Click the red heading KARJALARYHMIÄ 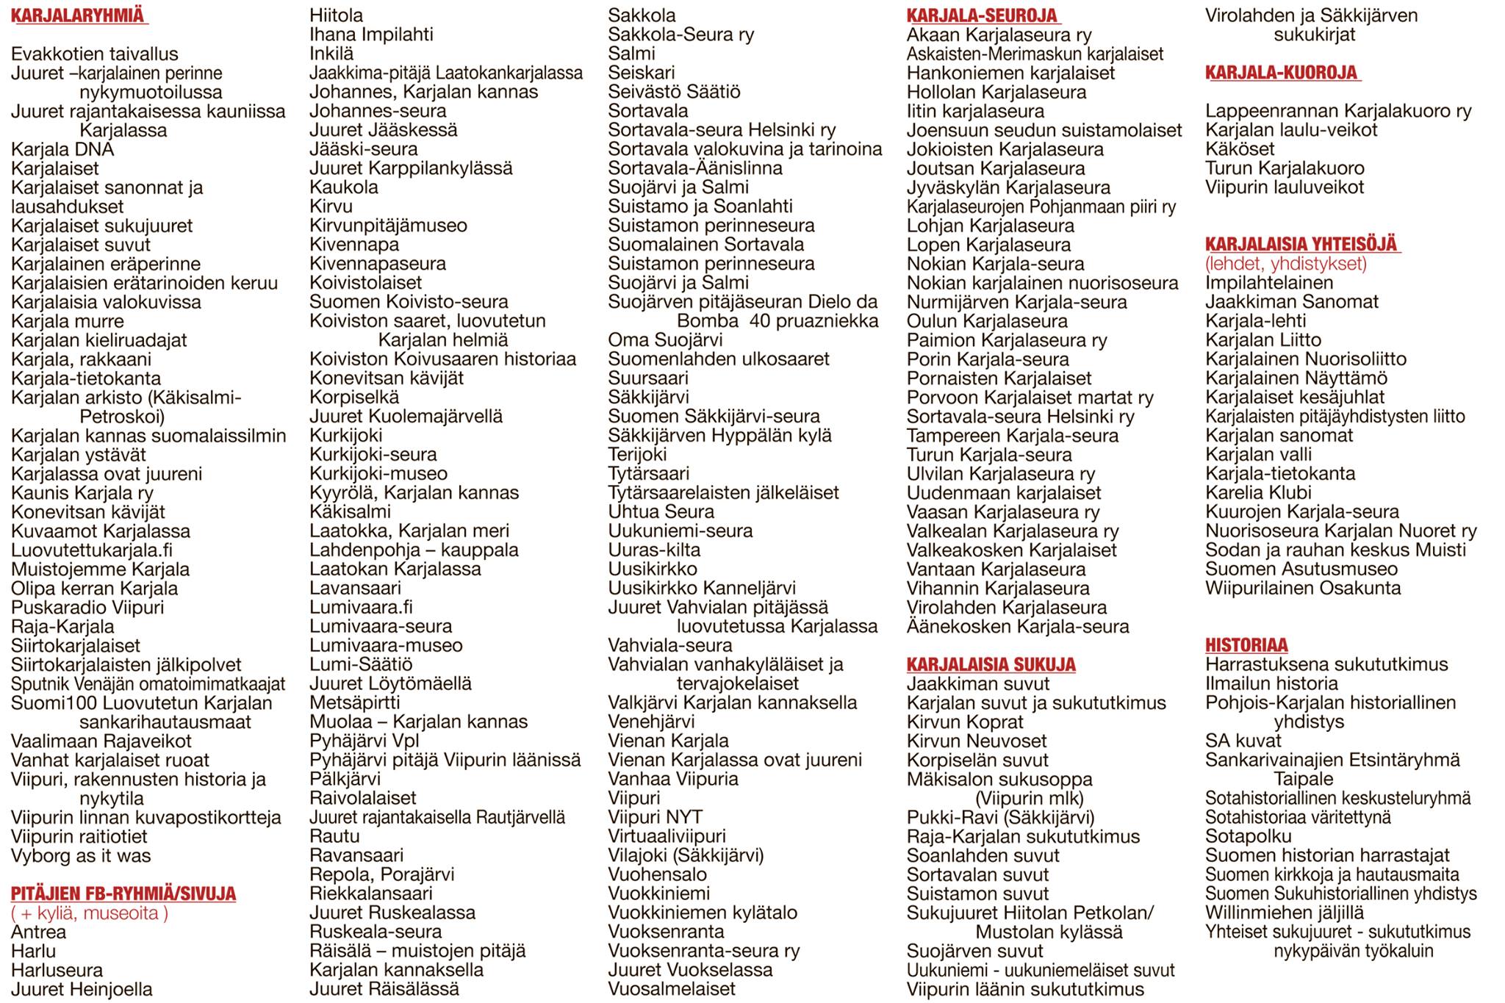click(x=78, y=16)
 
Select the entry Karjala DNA click(x=62, y=150)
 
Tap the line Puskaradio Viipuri click(x=87, y=608)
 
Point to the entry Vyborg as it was click(x=81, y=856)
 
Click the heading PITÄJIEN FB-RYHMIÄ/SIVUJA click(x=123, y=894)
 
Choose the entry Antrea click(x=38, y=932)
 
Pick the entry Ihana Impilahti click(x=371, y=35)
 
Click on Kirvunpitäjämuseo click(x=388, y=226)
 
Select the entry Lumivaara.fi click(x=361, y=608)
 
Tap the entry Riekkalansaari click(x=371, y=894)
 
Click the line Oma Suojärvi click(x=665, y=340)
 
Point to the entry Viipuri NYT click(x=655, y=817)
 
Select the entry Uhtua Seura click(x=661, y=512)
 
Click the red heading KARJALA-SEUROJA click(x=982, y=16)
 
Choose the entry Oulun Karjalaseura click(x=987, y=321)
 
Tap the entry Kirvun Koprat click(x=965, y=722)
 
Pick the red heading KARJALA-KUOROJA click(x=1281, y=73)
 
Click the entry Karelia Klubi click(x=1258, y=493)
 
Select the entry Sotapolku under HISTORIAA click(x=1248, y=837)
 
